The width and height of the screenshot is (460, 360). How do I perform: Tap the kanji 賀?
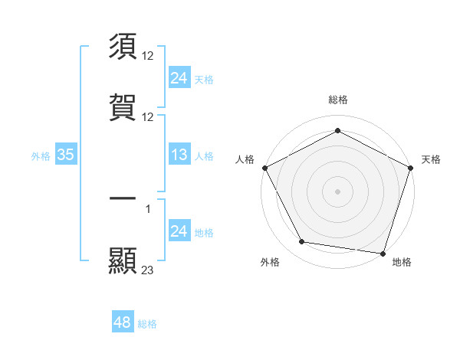click(123, 106)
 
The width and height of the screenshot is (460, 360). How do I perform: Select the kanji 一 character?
click(123, 199)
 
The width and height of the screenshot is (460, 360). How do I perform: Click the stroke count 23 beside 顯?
click(148, 270)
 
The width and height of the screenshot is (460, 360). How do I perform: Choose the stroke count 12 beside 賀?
click(148, 116)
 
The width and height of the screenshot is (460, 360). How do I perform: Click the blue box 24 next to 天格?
click(179, 78)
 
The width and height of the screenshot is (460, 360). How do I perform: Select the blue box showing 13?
click(179, 155)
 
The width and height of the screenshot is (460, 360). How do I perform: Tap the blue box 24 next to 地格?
click(179, 232)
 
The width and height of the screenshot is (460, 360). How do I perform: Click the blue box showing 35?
click(66, 155)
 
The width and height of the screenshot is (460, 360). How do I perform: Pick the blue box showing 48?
click(123, 322)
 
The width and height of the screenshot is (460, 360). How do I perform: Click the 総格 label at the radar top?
click(338, 100)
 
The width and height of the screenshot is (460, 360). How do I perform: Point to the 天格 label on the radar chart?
click(431, 159)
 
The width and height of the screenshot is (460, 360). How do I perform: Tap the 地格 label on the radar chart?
click(402, 262)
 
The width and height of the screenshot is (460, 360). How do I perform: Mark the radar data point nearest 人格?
click(264, 167)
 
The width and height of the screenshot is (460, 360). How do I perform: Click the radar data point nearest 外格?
click(302, 242)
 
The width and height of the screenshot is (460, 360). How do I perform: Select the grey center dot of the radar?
click(338, 191)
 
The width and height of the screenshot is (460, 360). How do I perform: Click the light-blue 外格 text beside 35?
click(41, 156)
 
